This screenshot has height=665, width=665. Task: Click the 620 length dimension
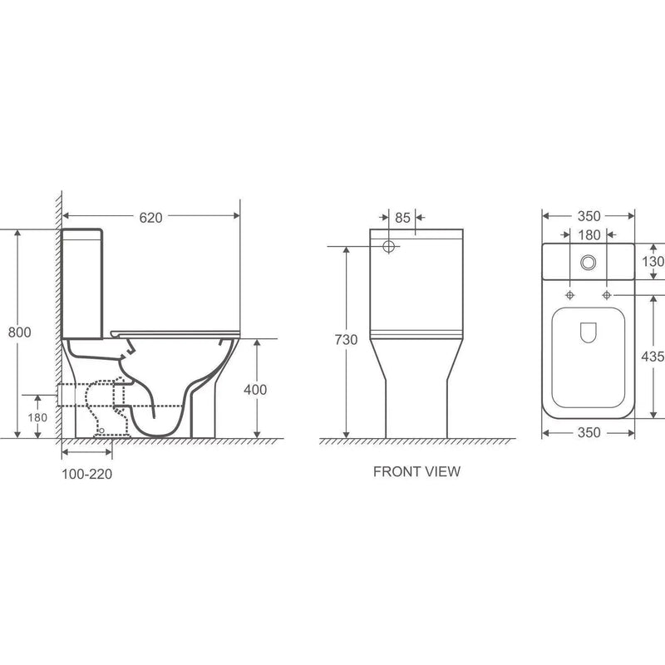[x=150, y=217]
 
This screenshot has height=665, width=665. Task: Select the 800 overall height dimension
[x=20, y=332]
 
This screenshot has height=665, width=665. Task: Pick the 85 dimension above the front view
[x=402, y=218]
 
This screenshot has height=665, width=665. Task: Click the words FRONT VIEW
[x=416, y=471]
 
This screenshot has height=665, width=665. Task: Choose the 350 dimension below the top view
[x=588, y=434]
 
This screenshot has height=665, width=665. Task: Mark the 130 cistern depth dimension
[x=653, y=262]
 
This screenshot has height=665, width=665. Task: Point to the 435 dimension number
[x=653, y=356]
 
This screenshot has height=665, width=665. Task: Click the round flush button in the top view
[x=589, y=262]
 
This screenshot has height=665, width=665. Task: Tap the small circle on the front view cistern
[x=389, y=247]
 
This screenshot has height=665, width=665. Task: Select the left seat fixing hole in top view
[x=570, y=296]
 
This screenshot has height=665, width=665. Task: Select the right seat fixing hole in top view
[x=606, y=296]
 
